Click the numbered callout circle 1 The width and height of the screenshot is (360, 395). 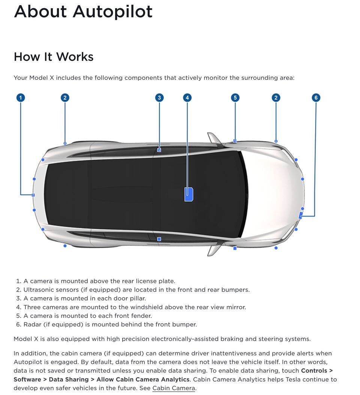click(x=21, y=98)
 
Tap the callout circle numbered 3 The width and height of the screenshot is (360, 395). click(x=159, y=98)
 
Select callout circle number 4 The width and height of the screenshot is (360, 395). click(x=187, y=98)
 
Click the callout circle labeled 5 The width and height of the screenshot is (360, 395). click(x=235, y=98)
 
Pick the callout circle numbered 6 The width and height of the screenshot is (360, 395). click(x=316, y=98)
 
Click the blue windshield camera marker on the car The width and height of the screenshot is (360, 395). click(x=189, y=194)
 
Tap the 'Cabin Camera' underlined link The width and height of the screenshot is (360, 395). click(x=174, y=388)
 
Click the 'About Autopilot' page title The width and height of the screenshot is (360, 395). click(x=83, y=11)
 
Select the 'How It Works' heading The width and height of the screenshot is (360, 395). click(x=54, y=57)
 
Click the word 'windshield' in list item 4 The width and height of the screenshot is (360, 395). click(x=147, y=307)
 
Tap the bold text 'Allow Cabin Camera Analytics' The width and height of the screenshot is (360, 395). click(x=142, y=379)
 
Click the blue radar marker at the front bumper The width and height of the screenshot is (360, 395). click(x=301, y=215)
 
